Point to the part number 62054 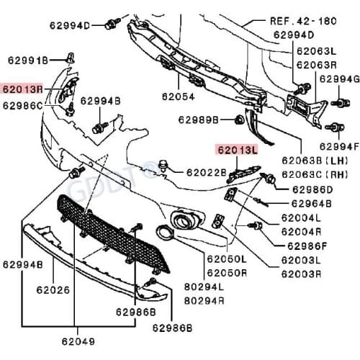[178, 95]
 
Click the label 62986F [306, 246]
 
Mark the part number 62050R [227, 273]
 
